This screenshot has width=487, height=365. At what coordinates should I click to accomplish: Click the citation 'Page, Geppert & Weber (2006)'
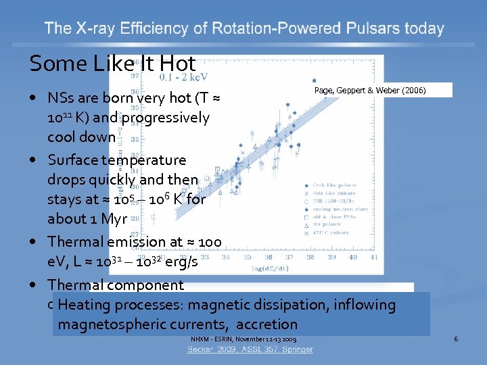point(370,90)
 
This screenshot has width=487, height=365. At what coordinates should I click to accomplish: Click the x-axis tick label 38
point(311,257)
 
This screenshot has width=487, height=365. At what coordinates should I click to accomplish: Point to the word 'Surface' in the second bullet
point(72,160)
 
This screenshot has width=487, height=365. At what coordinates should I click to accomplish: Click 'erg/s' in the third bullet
point(179,262)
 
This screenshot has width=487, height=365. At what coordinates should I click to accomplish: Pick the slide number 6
point(456,339)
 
